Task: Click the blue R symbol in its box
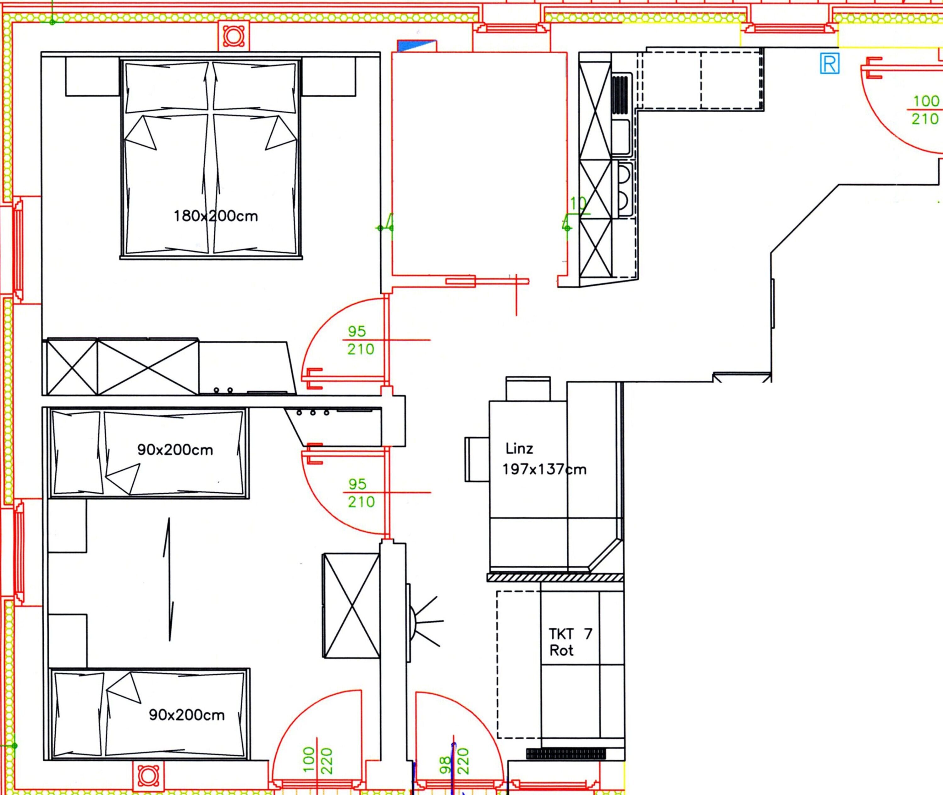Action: tap(830, 64)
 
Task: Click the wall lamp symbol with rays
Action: tap(423, 622)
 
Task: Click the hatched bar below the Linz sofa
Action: tap(555, 577)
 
